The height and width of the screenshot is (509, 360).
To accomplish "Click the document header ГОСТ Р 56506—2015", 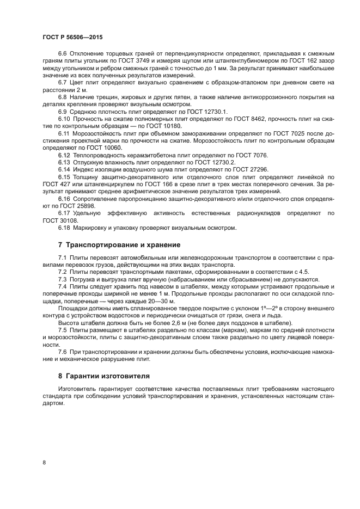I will click(72, 36).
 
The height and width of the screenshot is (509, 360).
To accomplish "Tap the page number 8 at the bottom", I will click(45, 462).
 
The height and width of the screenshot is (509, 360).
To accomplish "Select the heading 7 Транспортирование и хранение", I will click(119, 244).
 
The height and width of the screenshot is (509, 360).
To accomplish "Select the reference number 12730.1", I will click(200, 112).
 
